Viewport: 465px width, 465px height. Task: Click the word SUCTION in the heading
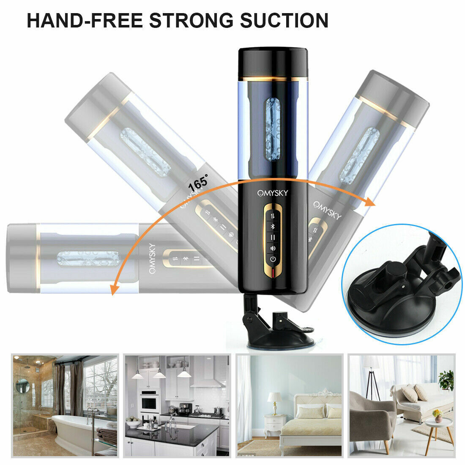click(x=284, y=20)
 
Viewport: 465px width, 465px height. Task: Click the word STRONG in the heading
click(x=191, y=20)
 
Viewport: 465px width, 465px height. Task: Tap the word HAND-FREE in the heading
click(x=85, y=20)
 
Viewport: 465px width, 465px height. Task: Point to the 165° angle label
click(x=198, y=183)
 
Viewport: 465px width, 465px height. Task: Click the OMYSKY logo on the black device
click(x=273, y=193)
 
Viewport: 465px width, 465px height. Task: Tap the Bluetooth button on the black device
click(x=273, y=227)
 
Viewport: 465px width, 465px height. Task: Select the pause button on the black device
click(x=273, y=238)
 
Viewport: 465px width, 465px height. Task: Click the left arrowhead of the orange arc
click(x=113, y=289)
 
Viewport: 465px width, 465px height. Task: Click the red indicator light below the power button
click(x=273, y=273)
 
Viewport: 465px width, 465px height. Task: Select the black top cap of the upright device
click(x=273, y=62)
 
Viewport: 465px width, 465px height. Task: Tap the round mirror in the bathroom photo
click(x=22, y=386)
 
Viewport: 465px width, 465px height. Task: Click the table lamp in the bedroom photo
click(x=275, y=403)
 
